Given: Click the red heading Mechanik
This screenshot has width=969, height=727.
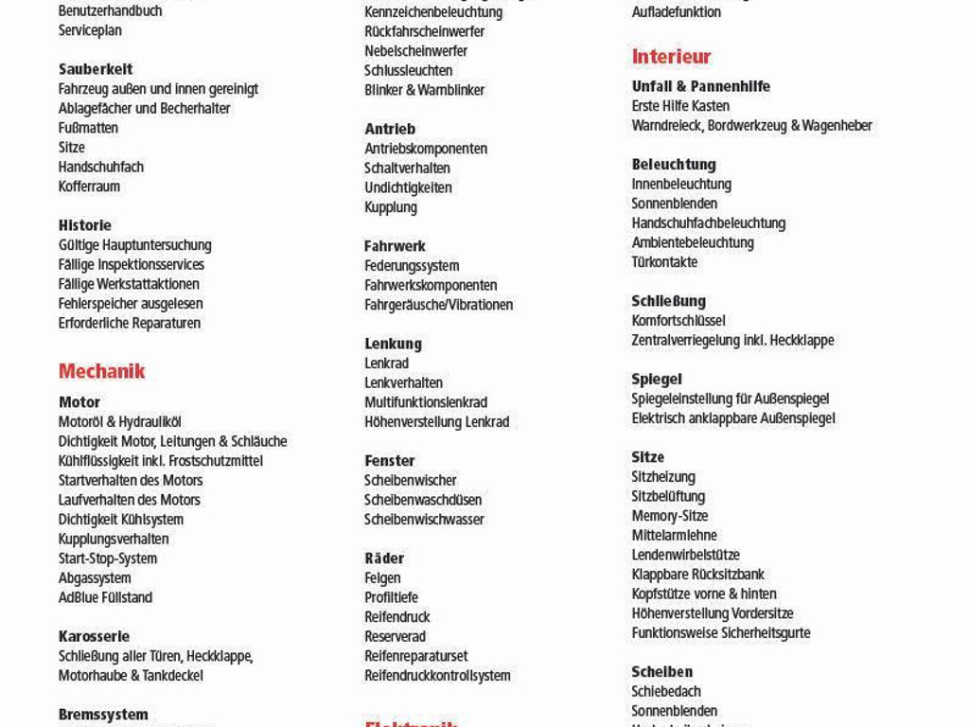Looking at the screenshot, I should [x=101, y=371].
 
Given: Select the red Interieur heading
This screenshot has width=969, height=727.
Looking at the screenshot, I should [x=671, y=57].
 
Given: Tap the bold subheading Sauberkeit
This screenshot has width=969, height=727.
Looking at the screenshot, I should [x=96, y=69].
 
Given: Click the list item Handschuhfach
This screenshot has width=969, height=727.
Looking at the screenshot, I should [x=101, y=167].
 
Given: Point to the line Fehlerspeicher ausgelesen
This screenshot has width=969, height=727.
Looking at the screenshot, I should [x=131, y=304].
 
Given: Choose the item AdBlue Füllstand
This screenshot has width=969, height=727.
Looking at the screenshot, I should [x=105, y=597].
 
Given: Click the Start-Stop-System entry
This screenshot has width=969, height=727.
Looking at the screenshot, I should [x=108, y=559].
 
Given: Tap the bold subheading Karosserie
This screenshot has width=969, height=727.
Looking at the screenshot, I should [x=94, y=636].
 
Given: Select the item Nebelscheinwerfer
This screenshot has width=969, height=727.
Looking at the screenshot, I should [x=415, y=51].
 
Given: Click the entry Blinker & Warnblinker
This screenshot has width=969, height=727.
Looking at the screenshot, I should [x=424, y=90].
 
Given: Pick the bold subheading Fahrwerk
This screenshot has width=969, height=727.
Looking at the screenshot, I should [x=395, y=246].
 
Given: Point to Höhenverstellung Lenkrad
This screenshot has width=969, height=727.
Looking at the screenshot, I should [x=436, y=422].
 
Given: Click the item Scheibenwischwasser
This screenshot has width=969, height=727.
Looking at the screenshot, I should [x=424, y=520].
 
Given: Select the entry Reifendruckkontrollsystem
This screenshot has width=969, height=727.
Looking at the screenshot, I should [x=437, y=676].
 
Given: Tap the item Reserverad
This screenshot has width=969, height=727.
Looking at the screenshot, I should [x=395, y=637].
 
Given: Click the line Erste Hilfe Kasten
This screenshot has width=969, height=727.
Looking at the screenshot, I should [x=680, y=106].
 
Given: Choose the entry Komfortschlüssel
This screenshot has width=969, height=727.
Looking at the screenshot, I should [x=678, y=321].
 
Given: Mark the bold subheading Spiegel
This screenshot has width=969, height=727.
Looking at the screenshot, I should [x=657, y=380].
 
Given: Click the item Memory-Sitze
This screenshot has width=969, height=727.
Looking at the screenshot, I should [x=670, y=516].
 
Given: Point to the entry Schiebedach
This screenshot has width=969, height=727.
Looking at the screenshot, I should [x=666, y=692].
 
